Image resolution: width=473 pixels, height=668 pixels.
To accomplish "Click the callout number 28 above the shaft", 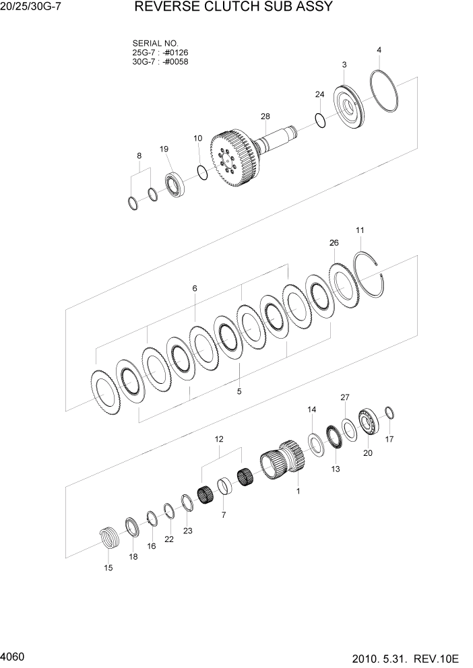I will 265,116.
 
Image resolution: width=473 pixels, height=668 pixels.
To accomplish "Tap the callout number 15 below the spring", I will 108,568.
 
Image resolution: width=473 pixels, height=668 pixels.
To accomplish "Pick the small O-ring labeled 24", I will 321,120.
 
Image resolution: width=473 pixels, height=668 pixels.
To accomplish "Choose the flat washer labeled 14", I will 314,442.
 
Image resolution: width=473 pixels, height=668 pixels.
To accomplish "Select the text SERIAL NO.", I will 155,42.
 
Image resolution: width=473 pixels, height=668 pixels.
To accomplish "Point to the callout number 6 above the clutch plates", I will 195,288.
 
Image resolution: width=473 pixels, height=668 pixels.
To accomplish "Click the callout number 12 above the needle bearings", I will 219,439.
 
